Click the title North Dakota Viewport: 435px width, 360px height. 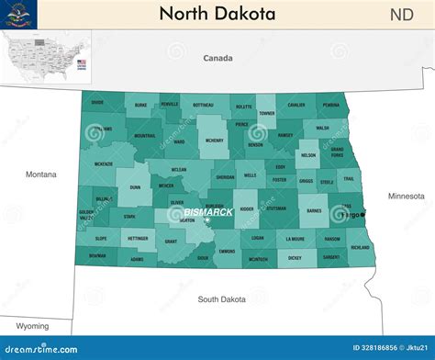(217, 14)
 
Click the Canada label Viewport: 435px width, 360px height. (217, 58)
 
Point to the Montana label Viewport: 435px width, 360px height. (40, 174)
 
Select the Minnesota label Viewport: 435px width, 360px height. (406, 196)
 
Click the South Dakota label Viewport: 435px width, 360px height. (222, 298)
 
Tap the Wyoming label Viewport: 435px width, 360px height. (32, 326)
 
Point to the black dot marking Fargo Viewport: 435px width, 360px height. (362, 215)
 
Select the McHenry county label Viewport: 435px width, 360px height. (215, 141)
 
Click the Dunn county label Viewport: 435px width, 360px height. (135, 186)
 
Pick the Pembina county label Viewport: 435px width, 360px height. (331, 106)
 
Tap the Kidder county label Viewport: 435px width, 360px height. (246, 208)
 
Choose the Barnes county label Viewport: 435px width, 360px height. (314, 210)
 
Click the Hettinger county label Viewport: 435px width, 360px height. (138, 238)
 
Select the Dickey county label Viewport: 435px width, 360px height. (294, 258)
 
